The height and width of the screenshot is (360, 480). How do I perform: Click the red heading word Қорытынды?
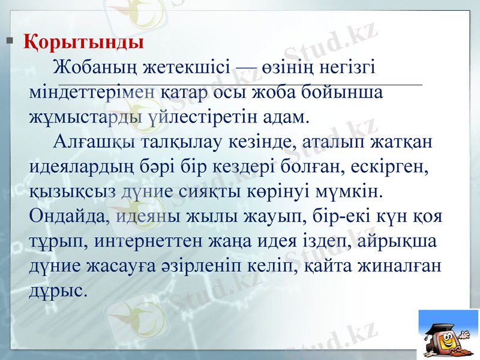click(83, 43)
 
